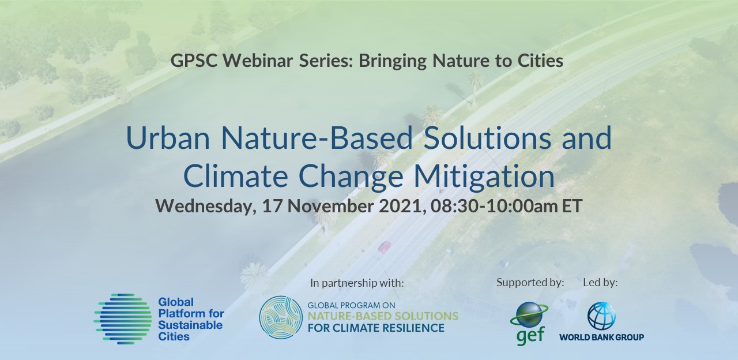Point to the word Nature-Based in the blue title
[x=317, y=137]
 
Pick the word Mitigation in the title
[x=484, y=176]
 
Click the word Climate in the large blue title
[x=235, y=176]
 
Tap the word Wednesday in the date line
[x=206, y=206]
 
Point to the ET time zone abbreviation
[x=572, y=206]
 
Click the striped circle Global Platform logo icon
[x=123, y=319]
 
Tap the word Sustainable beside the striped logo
[x=190, y=325]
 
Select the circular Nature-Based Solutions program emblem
[x=281, y=318]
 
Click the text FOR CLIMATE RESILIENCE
[x=376, y=328]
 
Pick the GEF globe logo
[x=529, y=324]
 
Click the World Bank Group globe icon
[x=601, y=316]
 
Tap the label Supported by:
[x=530, y=283]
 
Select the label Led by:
[x=600, y=283]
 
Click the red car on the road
[x=385, y=246]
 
